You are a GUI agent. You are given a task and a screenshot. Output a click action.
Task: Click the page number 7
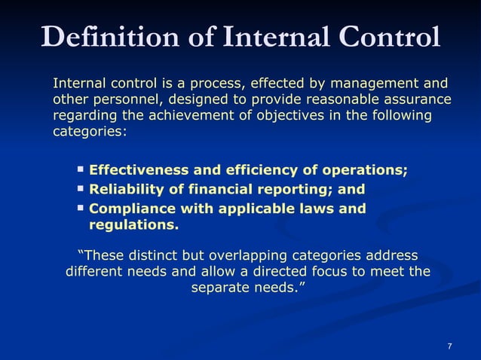click(449, 346)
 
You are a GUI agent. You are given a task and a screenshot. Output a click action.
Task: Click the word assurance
click(413, 99)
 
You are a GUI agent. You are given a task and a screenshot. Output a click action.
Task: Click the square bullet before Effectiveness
click(81, 169)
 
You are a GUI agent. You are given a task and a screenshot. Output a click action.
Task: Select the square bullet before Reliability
click(81, 188)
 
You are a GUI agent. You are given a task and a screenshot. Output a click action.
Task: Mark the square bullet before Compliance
click(81, 206)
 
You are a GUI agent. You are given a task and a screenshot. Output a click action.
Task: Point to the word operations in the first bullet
click(367, 170)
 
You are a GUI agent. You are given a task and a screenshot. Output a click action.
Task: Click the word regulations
click(133, 224)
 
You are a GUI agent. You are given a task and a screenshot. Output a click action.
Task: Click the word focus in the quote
click(340, 271)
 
